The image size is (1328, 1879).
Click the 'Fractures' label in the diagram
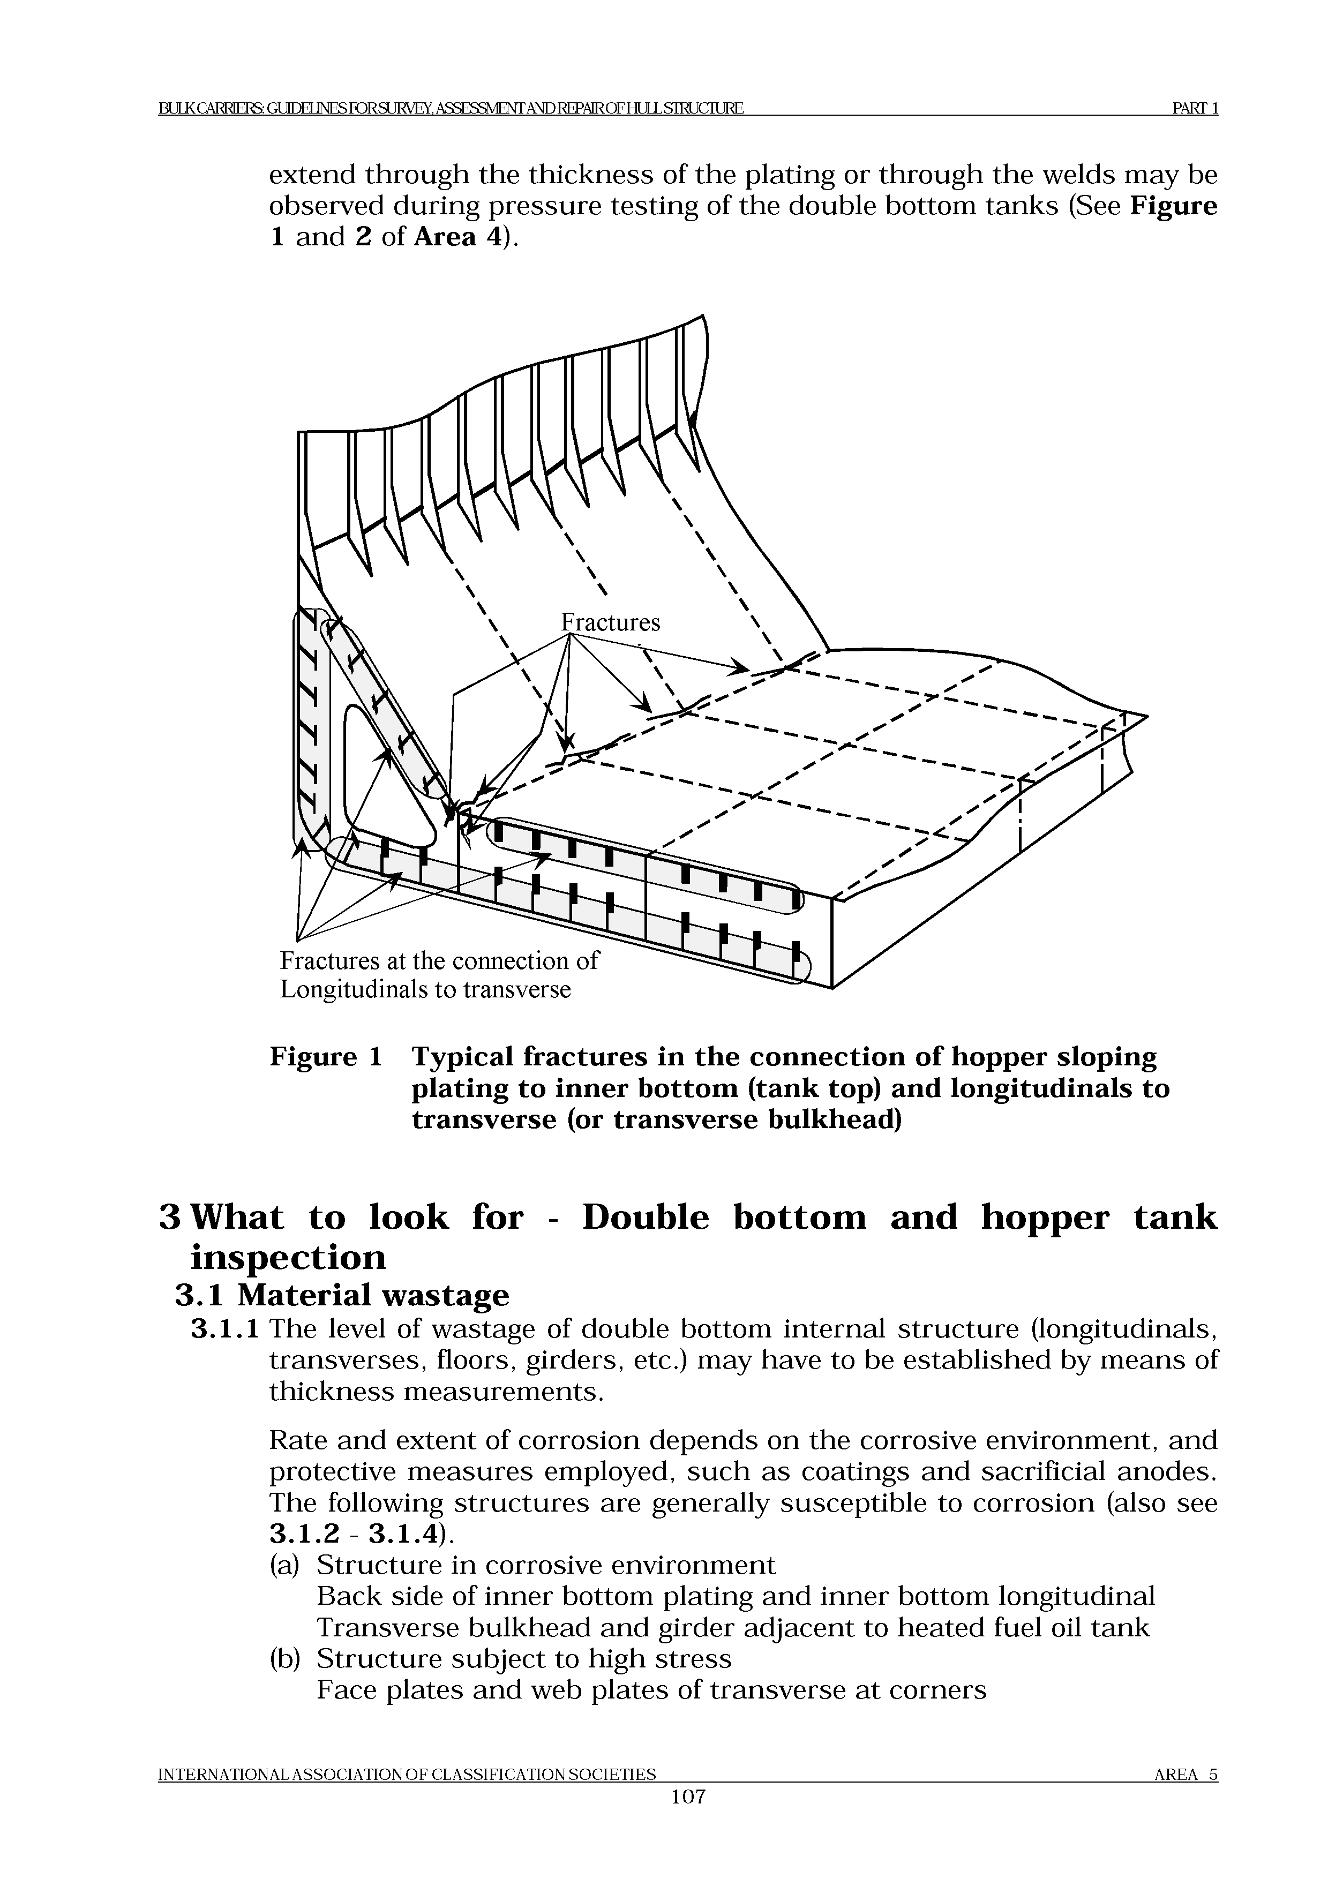pos(610,623)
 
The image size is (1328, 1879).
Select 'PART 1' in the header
pos(1196,108)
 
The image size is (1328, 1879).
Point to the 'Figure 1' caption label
pos(326,1057)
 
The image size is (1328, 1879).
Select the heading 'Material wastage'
pos(373,1295)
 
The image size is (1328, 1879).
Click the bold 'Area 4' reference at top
pos(456,237)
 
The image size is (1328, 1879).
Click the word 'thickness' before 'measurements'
pos(331,1391)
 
